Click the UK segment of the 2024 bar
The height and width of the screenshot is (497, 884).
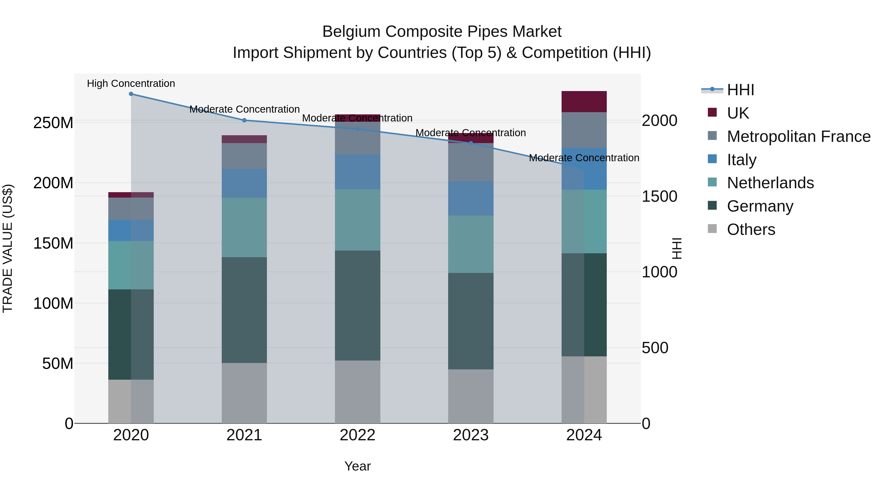point(584,102)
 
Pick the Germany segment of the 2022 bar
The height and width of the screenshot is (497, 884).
point(358,305)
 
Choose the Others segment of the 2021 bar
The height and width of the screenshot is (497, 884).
point(244,393)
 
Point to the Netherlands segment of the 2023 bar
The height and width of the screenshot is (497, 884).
point(471,244)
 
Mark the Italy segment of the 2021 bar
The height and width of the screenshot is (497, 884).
point(244,183)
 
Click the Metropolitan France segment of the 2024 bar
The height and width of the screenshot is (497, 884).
point(584,130)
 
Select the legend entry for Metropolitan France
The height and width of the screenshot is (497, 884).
point(799,136)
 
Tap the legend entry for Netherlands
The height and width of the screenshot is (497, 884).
point(770,183)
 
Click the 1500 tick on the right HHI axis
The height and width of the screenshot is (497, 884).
point(659,197)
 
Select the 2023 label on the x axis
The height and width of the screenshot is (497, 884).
point(471,435)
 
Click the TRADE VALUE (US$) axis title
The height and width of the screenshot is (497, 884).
point(8,248)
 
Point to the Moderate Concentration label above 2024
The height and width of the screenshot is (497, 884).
point(584,158)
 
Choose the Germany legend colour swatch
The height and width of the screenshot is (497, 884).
point(712,206)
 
